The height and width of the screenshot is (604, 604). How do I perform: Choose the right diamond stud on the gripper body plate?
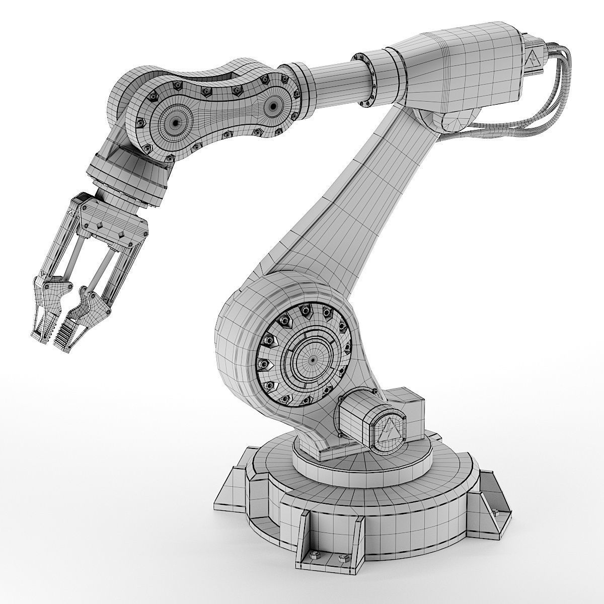[121, 235]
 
